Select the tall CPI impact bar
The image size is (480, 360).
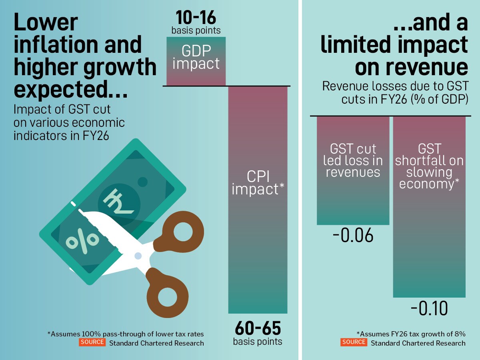[258, 200]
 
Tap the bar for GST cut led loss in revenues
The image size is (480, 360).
[353, 170]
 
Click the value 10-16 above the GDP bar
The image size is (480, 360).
[196, 18]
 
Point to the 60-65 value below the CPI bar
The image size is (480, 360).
[258, 328]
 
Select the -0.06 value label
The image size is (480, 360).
[353, 236]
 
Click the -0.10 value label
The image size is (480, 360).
[429, 309]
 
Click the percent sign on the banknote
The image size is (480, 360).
[82, 239]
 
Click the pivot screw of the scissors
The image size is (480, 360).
[138, 255]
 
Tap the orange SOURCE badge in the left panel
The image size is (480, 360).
[92, 342]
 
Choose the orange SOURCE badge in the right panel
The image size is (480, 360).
[354, 342]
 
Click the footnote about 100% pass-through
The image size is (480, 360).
[126, 334]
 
